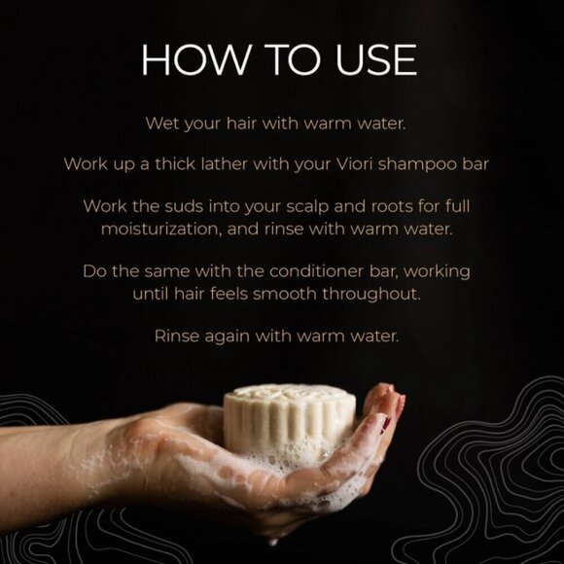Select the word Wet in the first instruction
click(160, 124)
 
